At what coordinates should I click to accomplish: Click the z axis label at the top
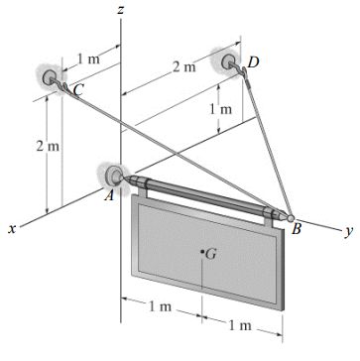click(120, 9)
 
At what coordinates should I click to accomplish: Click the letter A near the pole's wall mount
click(109, 195)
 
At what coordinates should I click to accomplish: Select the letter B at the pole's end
click(297, 229)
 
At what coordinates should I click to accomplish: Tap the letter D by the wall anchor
click(253, 62)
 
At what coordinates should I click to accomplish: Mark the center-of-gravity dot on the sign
click(202, 252)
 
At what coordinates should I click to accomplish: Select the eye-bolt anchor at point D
click(229, 65)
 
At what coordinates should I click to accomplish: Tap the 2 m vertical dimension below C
click(41, 147)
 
